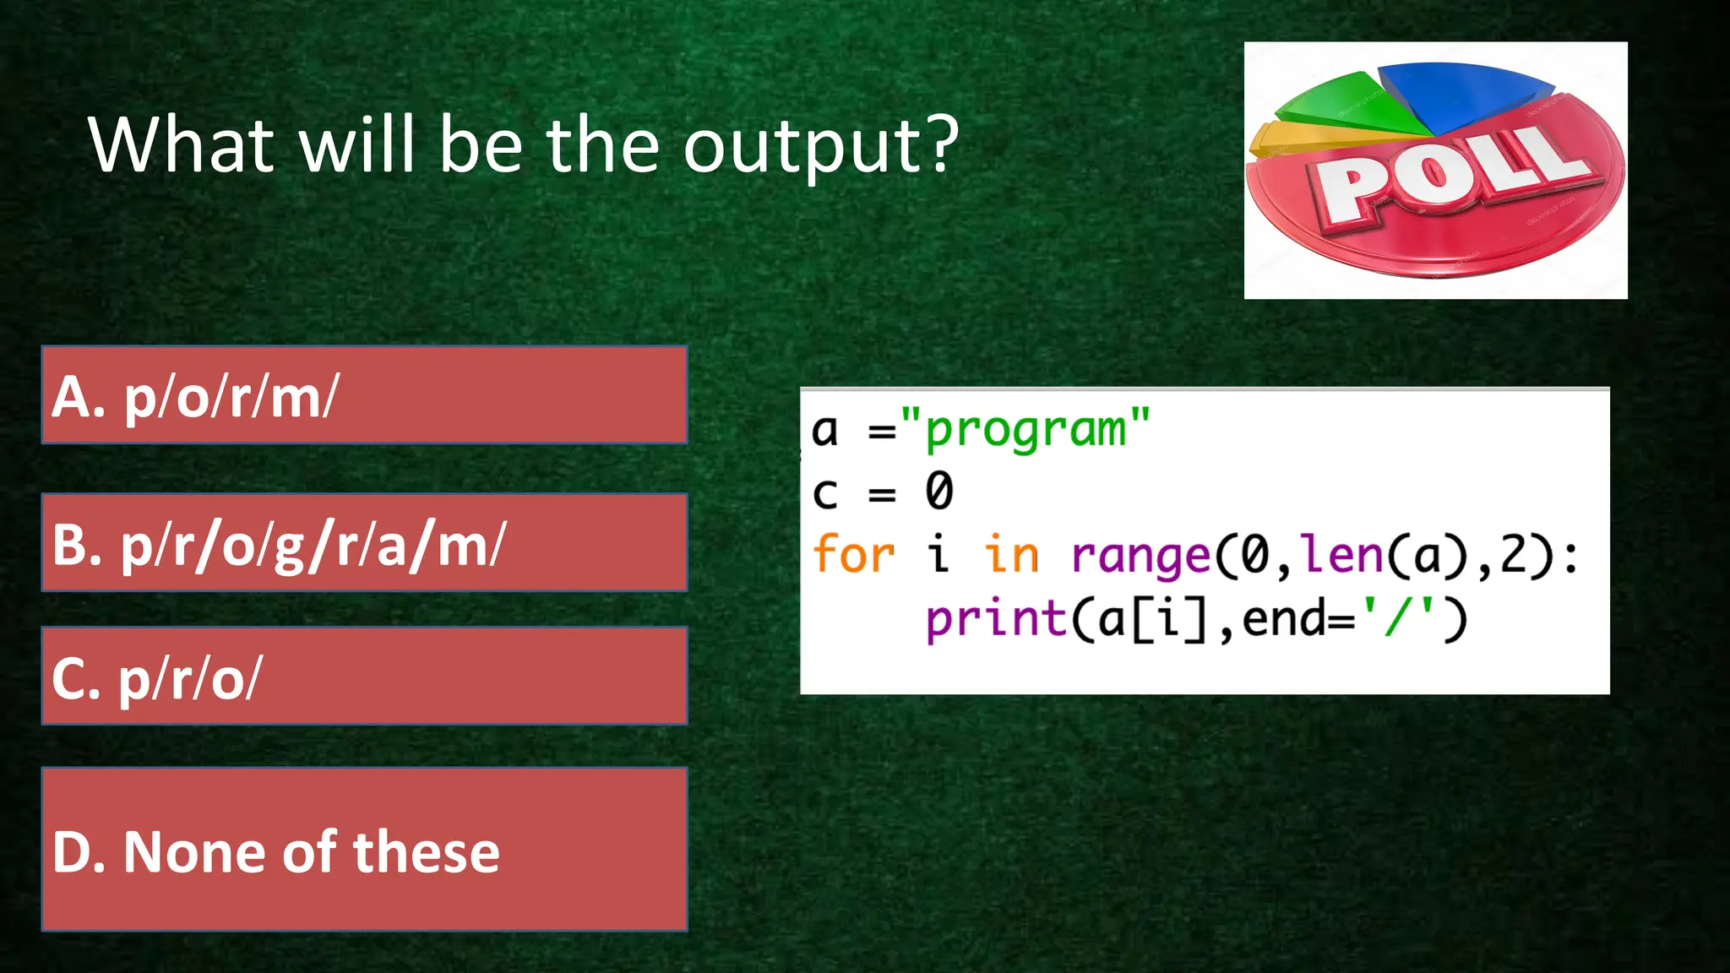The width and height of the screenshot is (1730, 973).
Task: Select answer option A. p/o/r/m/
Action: click(364, 395)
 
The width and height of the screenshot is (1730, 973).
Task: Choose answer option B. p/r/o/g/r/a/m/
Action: click(364, 543)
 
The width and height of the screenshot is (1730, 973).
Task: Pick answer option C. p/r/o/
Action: click(364, 677)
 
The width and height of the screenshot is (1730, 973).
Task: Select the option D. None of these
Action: click(364, 850)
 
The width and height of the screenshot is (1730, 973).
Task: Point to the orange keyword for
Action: click(853, 555)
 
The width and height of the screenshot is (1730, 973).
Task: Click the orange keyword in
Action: click(1011, 555)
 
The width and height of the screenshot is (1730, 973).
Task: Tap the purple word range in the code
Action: click(1140, 557)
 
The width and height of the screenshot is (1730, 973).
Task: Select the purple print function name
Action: click(997, 620)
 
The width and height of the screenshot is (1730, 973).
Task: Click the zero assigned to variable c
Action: click(938, 492)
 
